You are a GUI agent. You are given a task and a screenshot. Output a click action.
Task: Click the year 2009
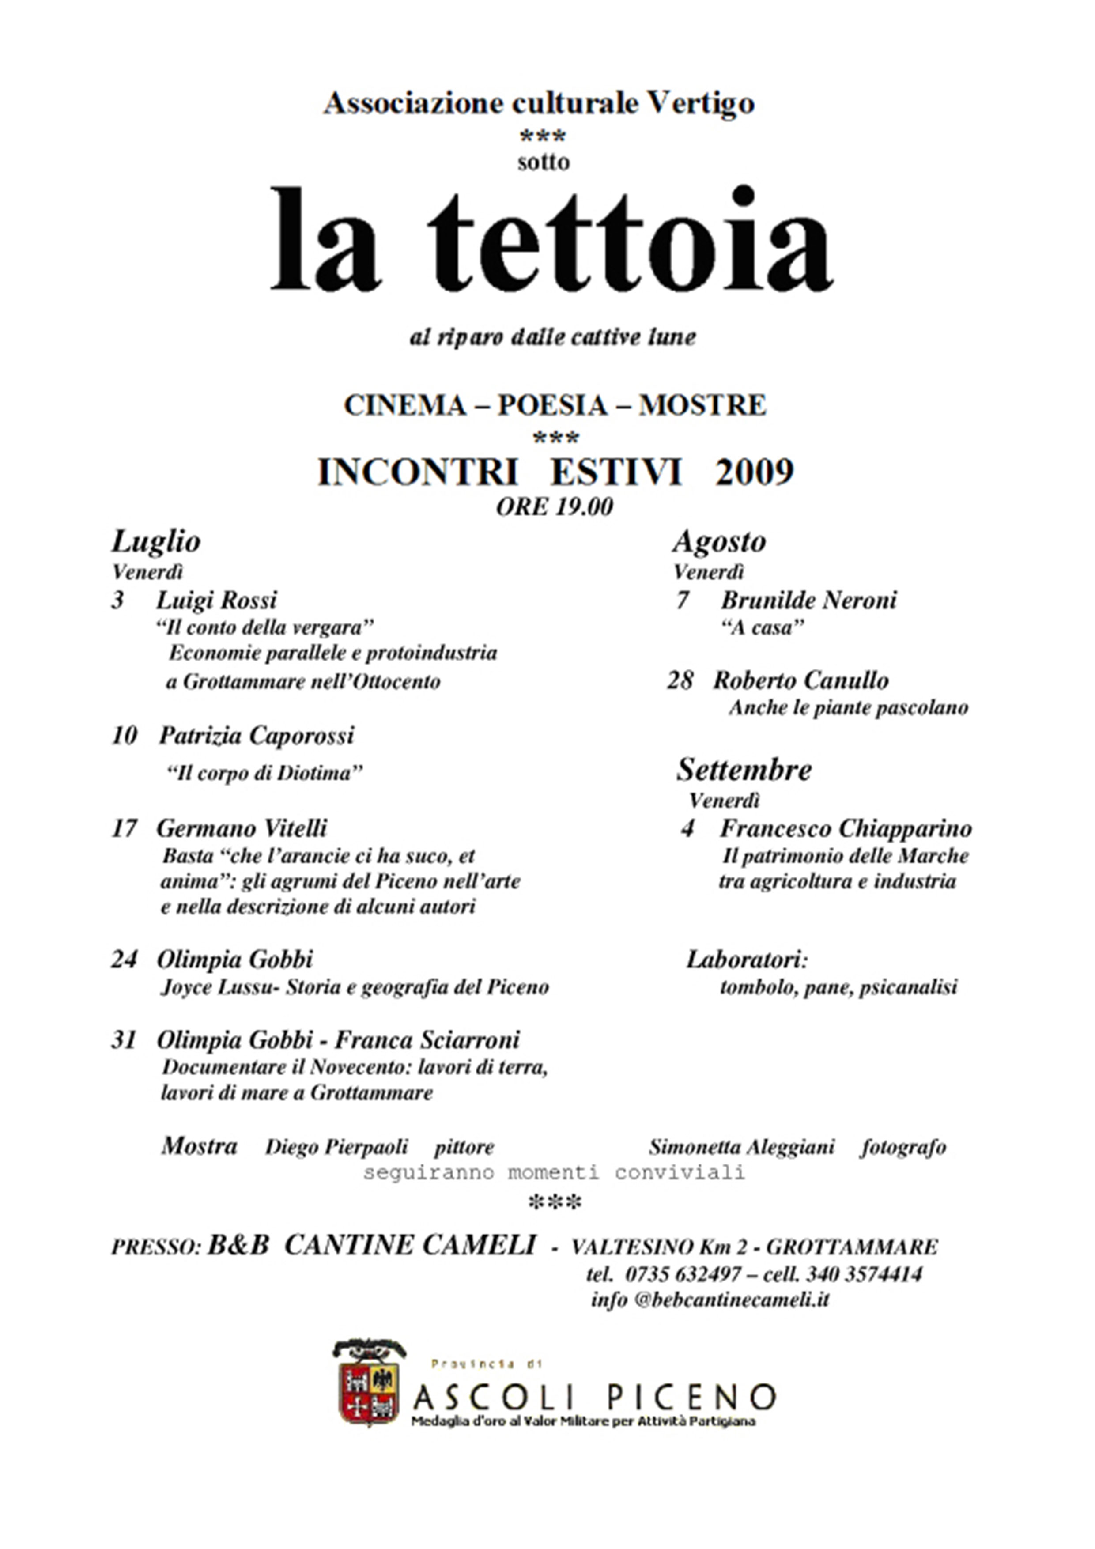pos(754,472)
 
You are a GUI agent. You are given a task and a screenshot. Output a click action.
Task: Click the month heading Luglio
pos(156,542)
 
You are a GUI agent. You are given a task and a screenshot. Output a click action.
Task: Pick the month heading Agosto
pos(719,542)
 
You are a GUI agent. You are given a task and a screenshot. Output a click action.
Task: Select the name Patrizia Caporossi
pos(257,735)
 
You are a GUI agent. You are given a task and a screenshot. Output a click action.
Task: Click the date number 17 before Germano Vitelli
pos(124,828)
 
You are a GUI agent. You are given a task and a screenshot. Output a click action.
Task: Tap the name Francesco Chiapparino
pos(846,828)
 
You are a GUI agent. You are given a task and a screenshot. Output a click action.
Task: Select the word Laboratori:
pos(747,960)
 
